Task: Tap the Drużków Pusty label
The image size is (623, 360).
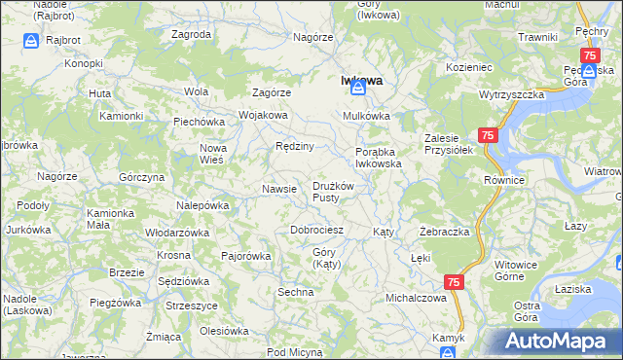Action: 338,192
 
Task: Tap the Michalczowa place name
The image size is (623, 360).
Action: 416,298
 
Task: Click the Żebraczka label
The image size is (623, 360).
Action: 445,233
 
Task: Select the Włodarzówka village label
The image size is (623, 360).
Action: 177,234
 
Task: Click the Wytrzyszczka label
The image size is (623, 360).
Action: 510,96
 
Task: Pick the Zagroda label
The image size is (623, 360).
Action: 191,34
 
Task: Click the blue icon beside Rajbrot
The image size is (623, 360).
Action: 31,42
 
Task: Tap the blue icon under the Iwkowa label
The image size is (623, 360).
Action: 358,89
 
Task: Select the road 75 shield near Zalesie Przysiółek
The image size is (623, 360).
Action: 489,136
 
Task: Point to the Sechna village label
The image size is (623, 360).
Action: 295,292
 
